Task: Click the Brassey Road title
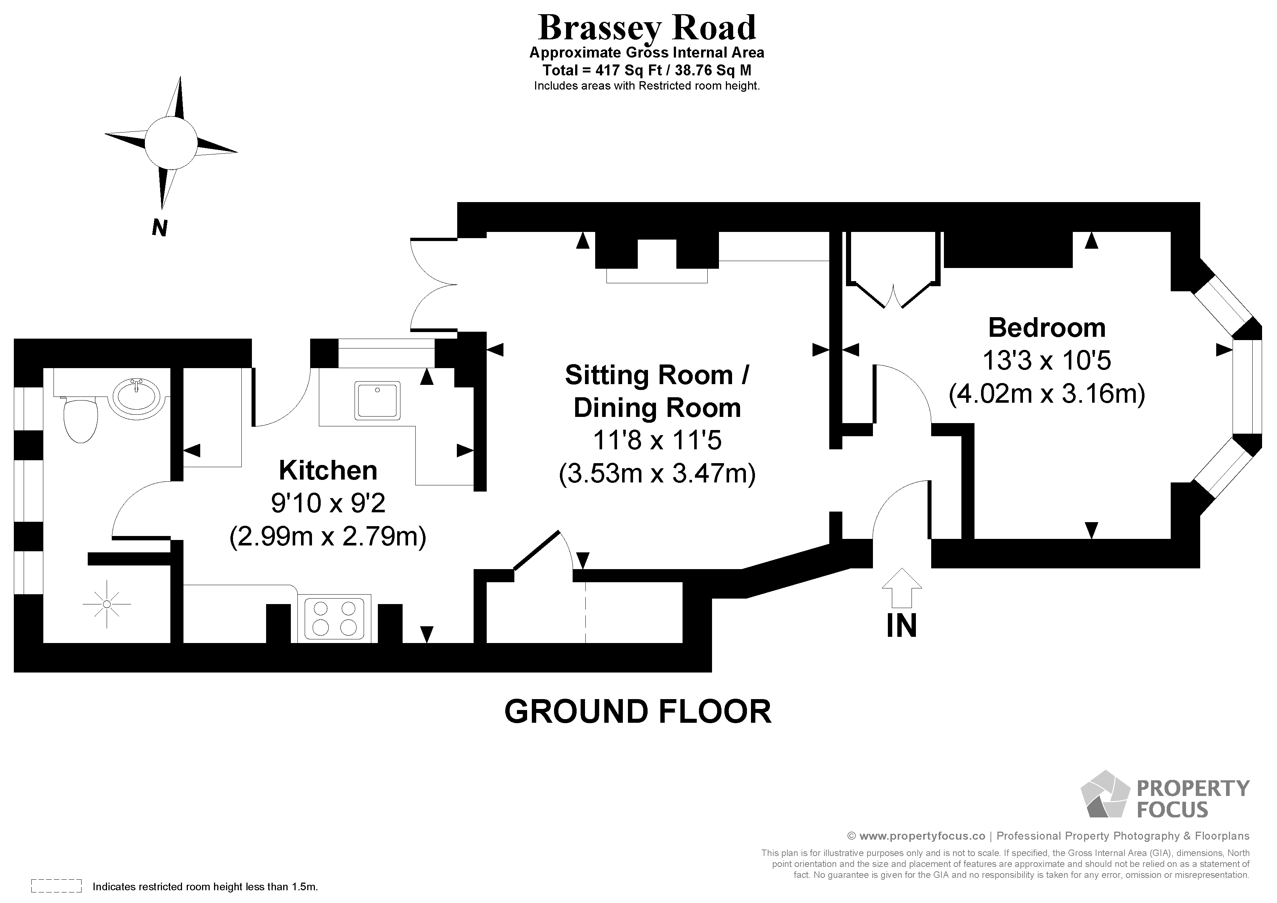[647, 28]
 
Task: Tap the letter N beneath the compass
[159, 228]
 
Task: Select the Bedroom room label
[1047, 328]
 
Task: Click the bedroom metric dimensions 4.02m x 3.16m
[1047, 394]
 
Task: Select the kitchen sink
[377, 400]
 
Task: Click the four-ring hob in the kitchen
[334, 618]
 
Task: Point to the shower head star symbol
[107, 604]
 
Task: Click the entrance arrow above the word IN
[902, 588]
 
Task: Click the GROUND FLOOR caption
[638, 711]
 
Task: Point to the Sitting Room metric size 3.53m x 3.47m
[657, 473]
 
